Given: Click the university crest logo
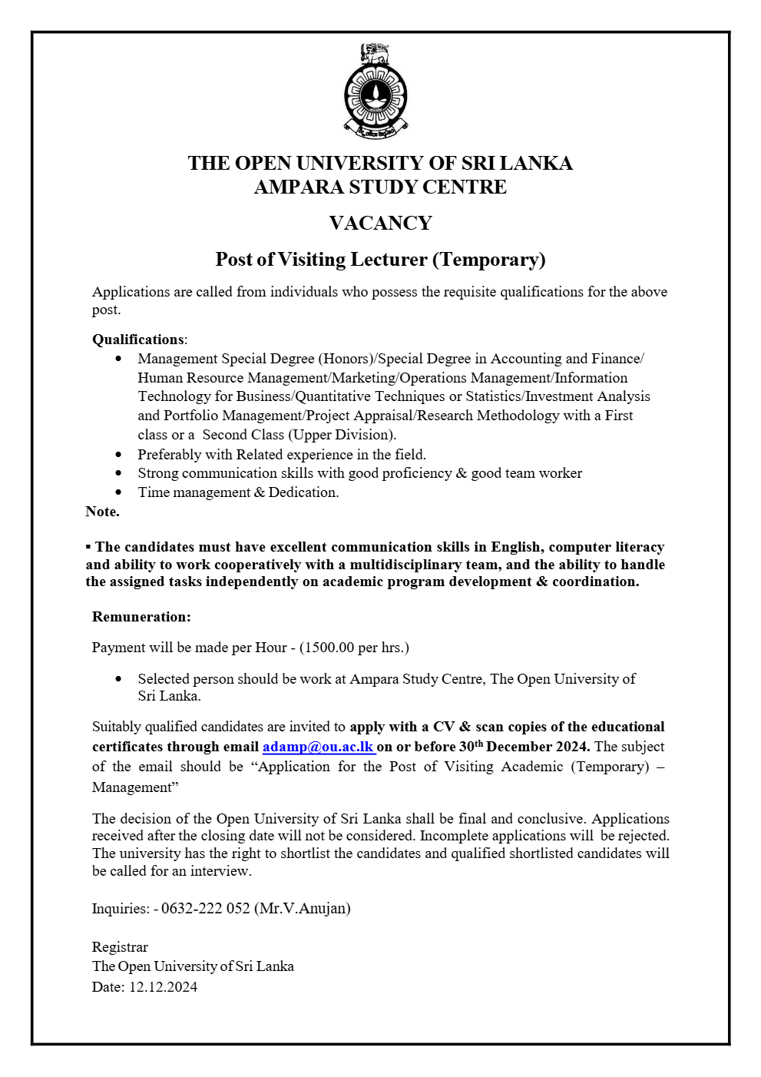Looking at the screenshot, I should tap(376, 92).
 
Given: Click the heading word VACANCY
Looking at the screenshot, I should tap(380, 224).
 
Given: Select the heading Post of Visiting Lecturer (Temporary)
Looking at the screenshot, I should tap(380, 260).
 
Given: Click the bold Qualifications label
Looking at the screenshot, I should tap(138, 340).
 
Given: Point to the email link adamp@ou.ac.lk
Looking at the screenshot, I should tap(318, 747).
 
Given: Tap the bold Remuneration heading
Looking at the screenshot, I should tap(141, 617).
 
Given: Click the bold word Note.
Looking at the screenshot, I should tap(102, 512).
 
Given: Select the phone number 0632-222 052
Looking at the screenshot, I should tap(205, 909).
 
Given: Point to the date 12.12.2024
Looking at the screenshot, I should tap(163, 987).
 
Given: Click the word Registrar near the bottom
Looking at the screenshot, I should tap(120, 947).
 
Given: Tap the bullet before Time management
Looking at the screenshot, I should tap(118, 492).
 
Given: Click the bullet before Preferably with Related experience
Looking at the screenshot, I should tap(118, 455).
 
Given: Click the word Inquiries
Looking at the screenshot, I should tap(120, 909).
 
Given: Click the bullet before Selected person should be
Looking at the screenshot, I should tap(118, 679).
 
